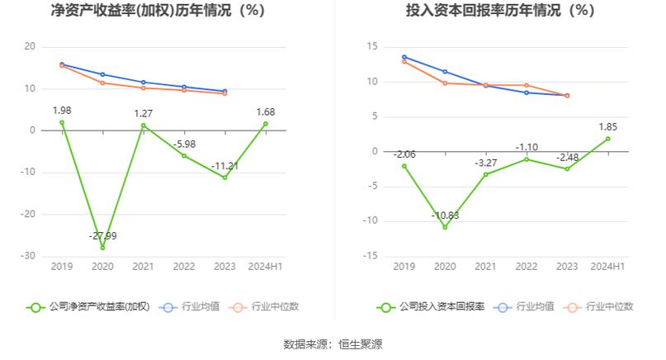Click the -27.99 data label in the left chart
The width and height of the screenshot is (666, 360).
103,236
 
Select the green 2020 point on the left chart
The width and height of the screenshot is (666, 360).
103,248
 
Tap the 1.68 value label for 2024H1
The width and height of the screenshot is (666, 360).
265,112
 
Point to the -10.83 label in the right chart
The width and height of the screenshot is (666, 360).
445,216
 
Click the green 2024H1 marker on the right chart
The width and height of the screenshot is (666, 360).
607,139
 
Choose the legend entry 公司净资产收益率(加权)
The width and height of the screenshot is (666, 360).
88,306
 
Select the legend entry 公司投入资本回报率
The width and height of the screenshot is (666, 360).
432,306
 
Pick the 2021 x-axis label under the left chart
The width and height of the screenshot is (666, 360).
144,267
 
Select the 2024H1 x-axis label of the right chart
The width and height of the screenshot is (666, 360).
607,267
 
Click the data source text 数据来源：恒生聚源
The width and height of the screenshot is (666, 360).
333,343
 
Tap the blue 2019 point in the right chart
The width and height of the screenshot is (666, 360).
404,57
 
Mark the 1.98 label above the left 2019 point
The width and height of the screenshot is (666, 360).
62,111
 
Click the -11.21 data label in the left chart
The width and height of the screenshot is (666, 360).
224,166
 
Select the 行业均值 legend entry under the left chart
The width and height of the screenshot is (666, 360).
191,306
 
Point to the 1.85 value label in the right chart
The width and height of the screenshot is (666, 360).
607,127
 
